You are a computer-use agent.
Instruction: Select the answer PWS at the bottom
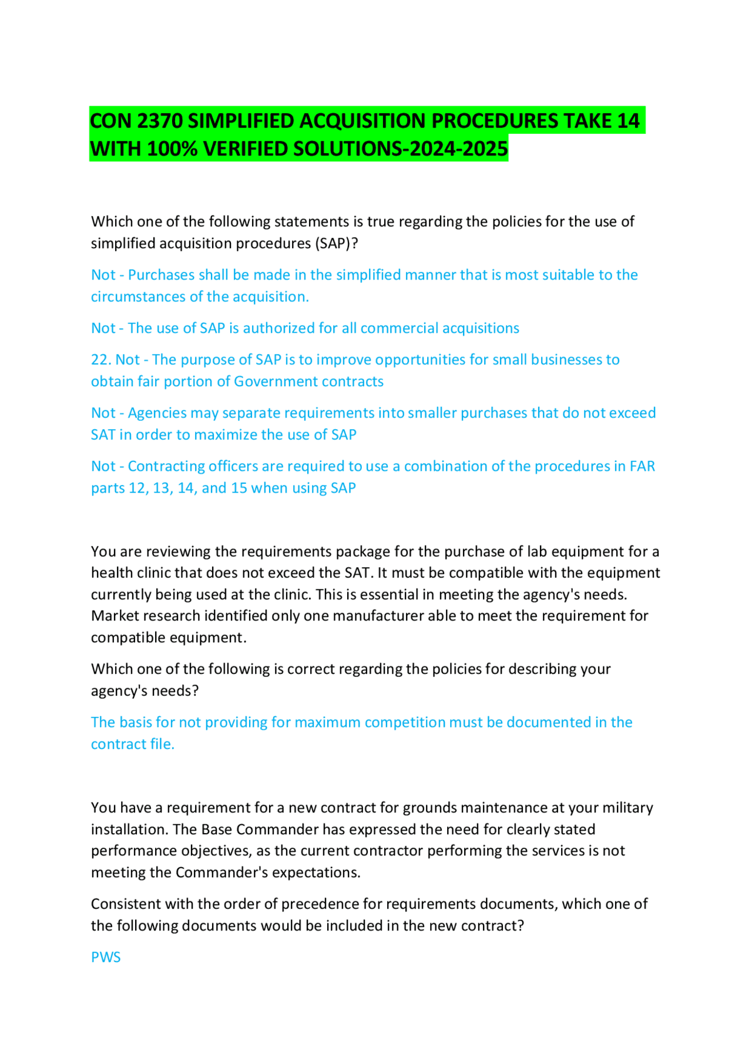point(106,958)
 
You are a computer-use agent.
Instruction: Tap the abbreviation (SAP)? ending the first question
point(336,244)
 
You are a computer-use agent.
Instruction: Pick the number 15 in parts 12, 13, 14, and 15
point(239,488)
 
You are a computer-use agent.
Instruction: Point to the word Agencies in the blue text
point(157,413)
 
